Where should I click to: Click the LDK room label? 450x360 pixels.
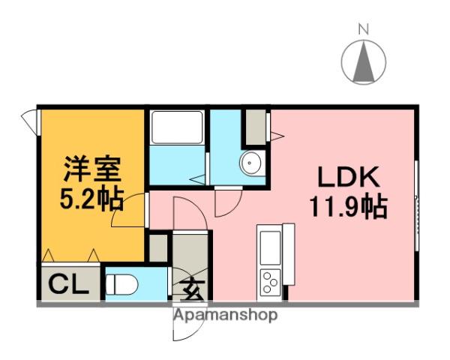click(350, 178)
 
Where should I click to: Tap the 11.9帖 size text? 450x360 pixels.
click(350, 204)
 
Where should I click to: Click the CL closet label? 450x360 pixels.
click(69, 284)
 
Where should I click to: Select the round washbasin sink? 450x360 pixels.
click(250, 162)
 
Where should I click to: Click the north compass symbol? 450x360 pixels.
click(364, 61)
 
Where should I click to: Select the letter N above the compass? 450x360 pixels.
click(364, 29)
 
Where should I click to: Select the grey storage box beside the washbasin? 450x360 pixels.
click(255, 127)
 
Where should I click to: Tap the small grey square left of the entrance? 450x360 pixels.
click(159, 248)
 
